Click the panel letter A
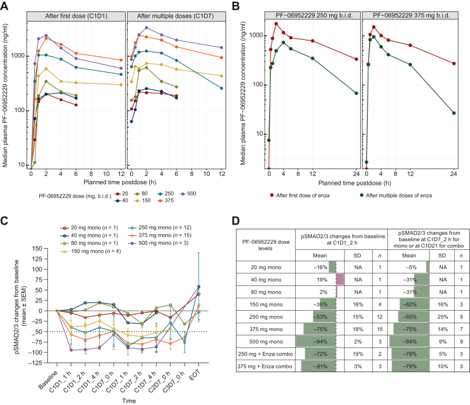click(x=5, y=5)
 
